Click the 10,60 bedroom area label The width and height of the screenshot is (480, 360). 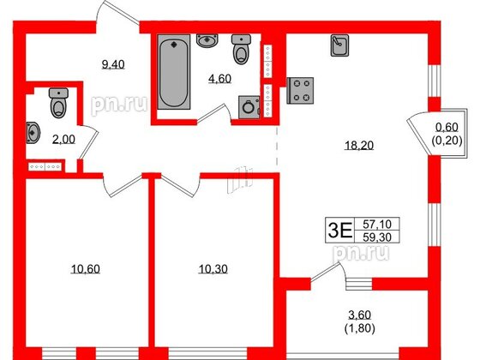[x=83, y=269]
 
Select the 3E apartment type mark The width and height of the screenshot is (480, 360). [x=340, y=229]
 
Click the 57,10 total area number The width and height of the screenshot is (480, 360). [x=374, y=222]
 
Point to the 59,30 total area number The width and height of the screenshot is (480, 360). [x=374, y=237]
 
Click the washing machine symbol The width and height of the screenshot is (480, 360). [x=249, y=107]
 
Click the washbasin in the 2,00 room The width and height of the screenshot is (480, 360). [x=32, y=132]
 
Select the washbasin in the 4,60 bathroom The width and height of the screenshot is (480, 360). [x=207, y=40]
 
